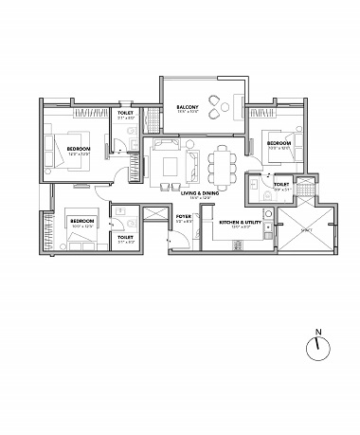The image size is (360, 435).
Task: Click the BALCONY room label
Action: tap(187, 108)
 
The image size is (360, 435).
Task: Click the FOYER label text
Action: tap(185, 217)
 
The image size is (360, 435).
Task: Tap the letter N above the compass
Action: tap(318, 332)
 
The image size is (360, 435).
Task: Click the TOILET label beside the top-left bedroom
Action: tap(125, 113)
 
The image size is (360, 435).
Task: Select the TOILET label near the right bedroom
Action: tap(281, 185)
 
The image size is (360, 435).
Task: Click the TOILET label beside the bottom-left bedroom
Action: tap(125, 237)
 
